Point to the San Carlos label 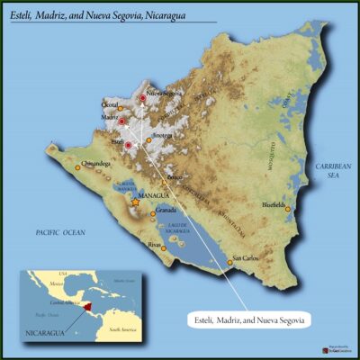(247, 258)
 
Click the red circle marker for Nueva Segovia (142, 97)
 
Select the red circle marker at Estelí (128, 144)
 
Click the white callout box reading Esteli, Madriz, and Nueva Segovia (251, 319)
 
